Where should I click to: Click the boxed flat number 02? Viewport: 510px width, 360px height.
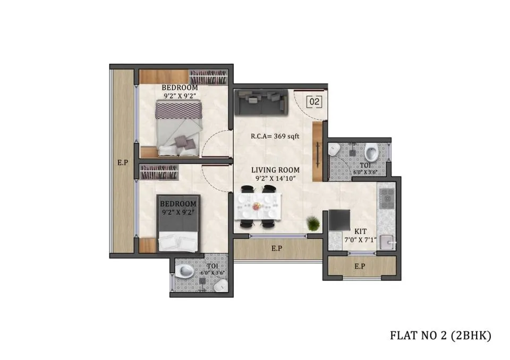(314, 102)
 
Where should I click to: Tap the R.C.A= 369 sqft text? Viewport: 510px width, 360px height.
(275, 136)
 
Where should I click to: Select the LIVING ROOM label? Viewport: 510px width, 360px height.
(276, 170)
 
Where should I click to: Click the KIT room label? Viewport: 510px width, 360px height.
(360, 232)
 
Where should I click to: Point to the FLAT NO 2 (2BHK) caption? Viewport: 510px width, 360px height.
(440, 335)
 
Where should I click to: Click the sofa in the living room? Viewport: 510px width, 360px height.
(261, 103)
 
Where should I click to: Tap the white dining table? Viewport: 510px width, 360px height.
(258, 206)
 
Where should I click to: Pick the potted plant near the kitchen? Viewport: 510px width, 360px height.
(313, 223)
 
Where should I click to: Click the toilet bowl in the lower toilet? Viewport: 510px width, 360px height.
(184, 271)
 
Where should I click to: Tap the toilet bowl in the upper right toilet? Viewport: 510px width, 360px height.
(371, 152)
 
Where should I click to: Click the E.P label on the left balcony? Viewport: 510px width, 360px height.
(123, 162)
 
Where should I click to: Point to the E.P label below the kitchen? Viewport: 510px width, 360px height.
(360, 266)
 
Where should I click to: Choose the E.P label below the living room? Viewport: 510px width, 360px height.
(276, 249)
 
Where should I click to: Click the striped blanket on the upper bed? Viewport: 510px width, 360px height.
(178, 110)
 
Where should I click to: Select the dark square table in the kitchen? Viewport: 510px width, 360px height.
(339, 220)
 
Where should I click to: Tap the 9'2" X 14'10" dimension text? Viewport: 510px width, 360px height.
(276, 178)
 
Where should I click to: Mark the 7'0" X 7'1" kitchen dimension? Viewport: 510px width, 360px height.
(360, 240)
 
